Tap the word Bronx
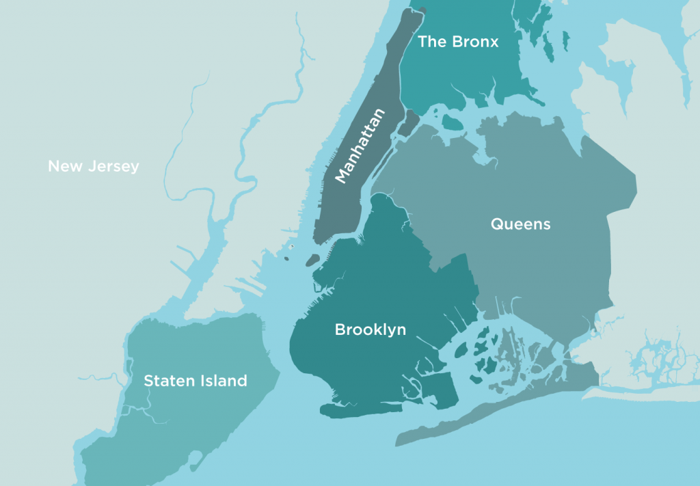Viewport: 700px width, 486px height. tap(476, 42)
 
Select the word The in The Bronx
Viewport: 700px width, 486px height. tap(433, 42)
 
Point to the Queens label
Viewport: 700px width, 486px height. tap(520, 224)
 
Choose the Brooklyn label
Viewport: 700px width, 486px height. tap(370, 329)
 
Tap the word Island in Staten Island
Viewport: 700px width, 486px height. tap(223, 381)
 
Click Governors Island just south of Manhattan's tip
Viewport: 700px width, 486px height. tap(312, 260)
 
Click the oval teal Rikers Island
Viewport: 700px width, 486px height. tap(453, 123)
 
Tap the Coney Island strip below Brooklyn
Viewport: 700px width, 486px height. tap(355, 410)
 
